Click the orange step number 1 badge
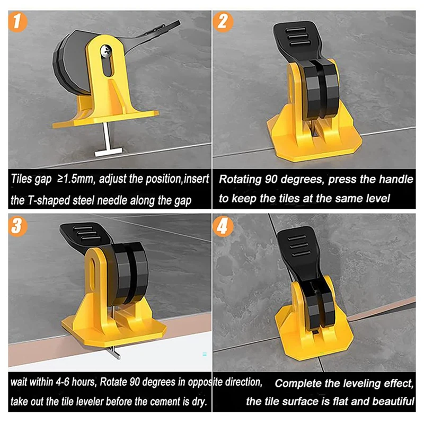point(17,22)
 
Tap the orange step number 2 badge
point(223,22)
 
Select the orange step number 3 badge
point(17,226)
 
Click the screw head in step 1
point(105,49)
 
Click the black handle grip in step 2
point(294,37)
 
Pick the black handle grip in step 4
point(297,244)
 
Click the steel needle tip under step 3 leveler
point(114,354)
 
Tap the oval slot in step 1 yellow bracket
point(108,64)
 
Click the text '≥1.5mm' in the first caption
point(75,179)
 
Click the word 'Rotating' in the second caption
point(241,180)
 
